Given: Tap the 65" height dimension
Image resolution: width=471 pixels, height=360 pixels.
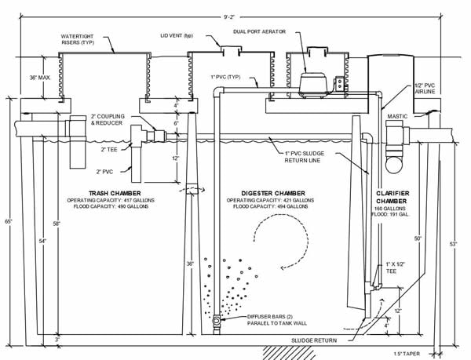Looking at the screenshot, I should click(x=8, y=221).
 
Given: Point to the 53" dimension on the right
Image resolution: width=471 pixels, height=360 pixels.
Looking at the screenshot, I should click(x=454, y=245).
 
